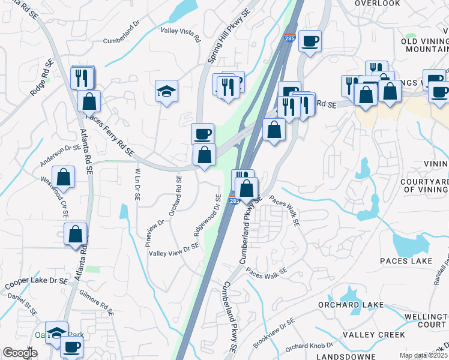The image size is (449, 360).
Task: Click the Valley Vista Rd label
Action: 180,34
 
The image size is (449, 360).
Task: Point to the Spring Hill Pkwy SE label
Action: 229,36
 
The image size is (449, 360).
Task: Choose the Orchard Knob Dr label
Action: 309,347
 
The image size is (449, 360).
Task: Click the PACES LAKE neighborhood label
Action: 406,261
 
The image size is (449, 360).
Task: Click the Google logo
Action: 20,352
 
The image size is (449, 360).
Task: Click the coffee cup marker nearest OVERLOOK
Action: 310,41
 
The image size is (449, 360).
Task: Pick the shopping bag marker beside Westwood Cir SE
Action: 63,178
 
